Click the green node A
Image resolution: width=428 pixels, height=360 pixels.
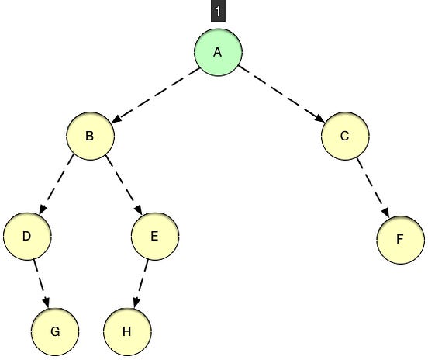[x=218, y=52]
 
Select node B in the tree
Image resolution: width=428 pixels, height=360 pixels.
[x=90, y=137]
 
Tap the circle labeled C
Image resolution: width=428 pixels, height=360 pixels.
[x=344, y=137]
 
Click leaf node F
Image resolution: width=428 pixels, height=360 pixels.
[x=401, y=238]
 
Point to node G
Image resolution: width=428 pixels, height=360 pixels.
[x=55, y=331]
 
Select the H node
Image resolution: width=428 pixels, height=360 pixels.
[x=126, y=331]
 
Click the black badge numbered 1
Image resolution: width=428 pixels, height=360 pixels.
[x=217, y=12]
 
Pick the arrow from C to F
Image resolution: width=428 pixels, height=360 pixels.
[x=372, y=187]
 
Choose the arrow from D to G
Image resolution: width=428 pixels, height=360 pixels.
[x=41, y=282]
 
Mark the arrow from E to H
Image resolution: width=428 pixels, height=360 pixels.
[x=141, y=282]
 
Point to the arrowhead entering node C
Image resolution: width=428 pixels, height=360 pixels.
[x=319, y=119]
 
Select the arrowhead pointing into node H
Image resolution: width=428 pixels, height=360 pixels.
[x=135, y=303]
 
